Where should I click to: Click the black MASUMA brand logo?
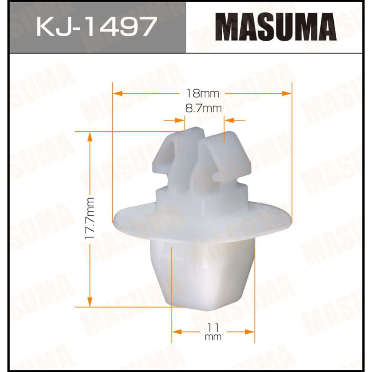tap(276, 27)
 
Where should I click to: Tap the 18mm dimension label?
tap(202, 93)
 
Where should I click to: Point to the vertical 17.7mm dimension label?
tap(90, 219)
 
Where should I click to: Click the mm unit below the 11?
tap(213, 337)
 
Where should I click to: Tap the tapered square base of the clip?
tap(206, 275)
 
